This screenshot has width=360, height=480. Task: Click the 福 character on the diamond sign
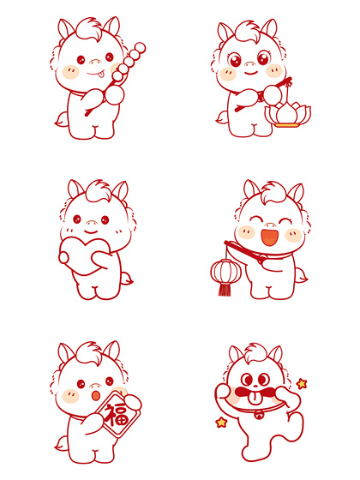pyautogui.click(x=116, y=415)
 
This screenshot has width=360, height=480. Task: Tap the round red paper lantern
pyautogui.click(x=226, y=271)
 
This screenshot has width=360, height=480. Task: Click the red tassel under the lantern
pyautogui.click(x=225, y=290)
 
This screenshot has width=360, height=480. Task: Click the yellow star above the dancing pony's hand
pyautogui.click(x=302, y=384)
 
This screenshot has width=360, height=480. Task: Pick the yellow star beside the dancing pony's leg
pyautogui.click(x=221, y=423)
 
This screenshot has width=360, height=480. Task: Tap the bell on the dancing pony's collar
pyautogui.click(x=260, y=415)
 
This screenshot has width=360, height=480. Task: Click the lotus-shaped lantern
pyautogui.click(x=288, y=114)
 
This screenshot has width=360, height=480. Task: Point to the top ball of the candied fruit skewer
pyautogui.click(x=141, y=48)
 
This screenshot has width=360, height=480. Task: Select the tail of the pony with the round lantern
pyautogui.click(x=301, y=275)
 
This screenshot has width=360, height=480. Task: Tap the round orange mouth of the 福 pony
pyautogui.click(x=96, y=395)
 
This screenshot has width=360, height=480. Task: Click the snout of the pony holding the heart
pyautogui.click(x=92, y=223)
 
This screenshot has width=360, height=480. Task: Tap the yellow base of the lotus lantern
pyautogui.click(x=286, y=125)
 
